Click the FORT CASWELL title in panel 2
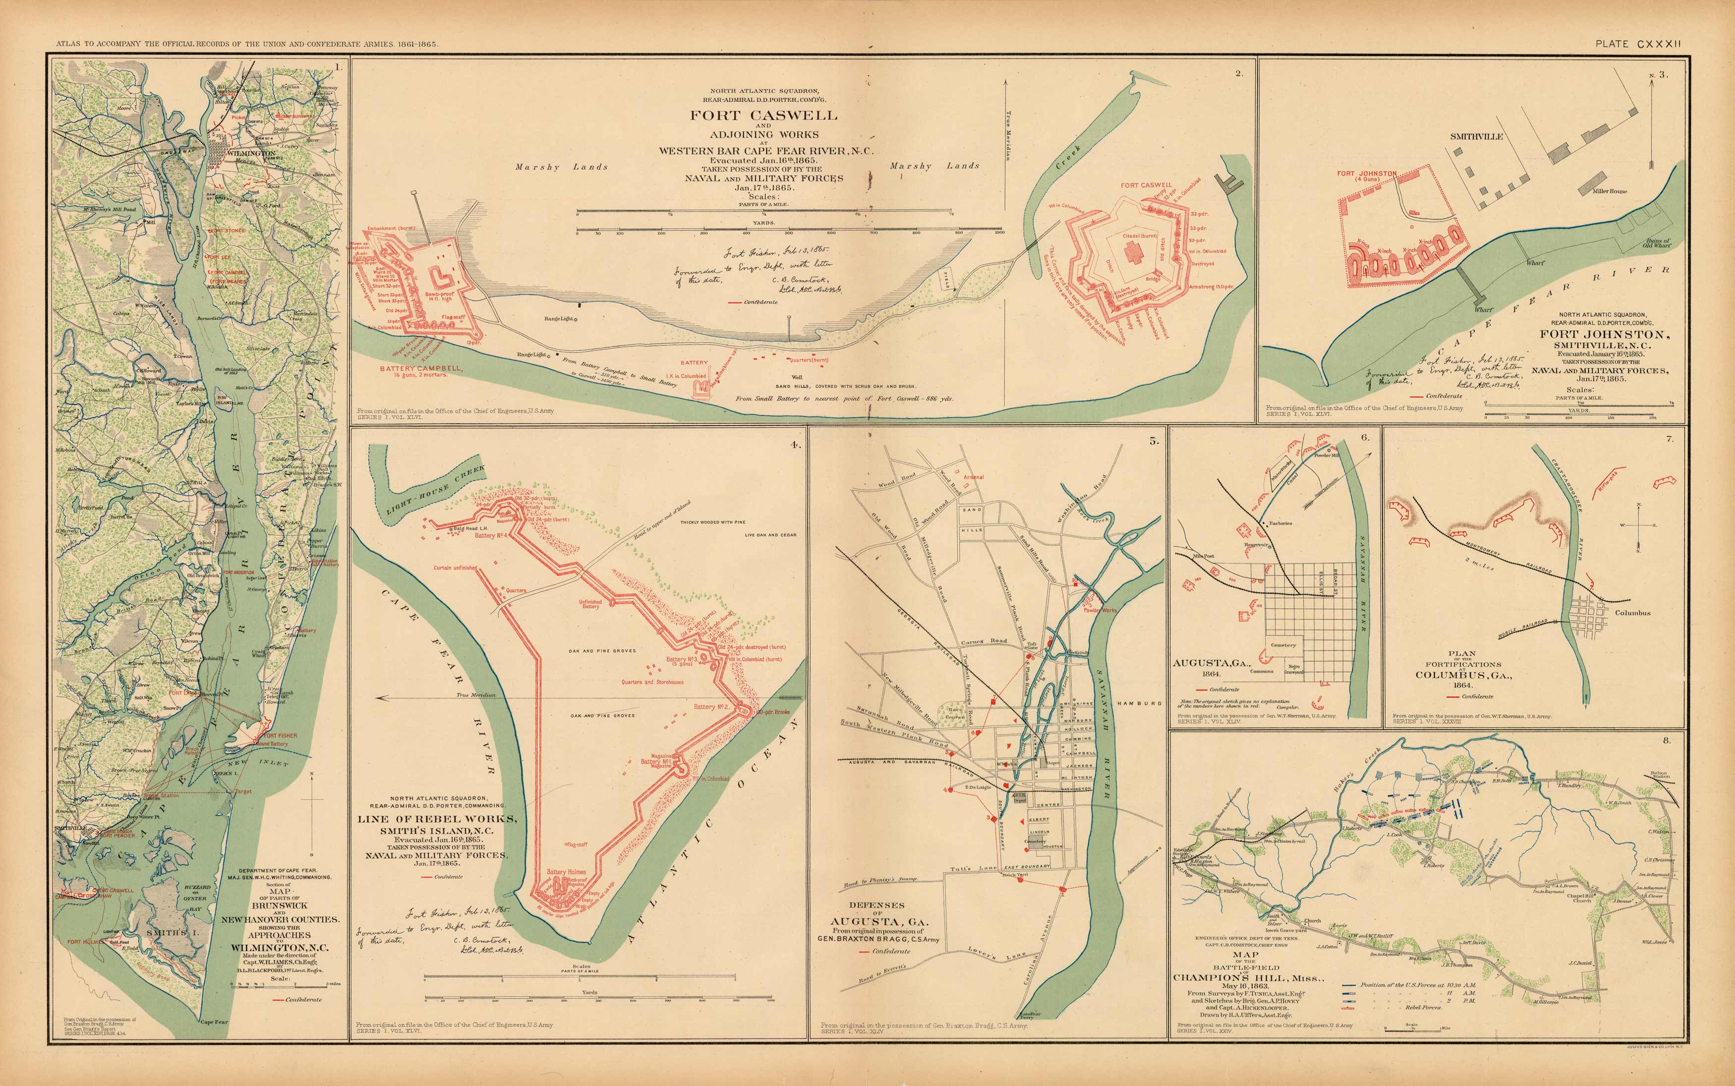pyautogui.click(x=763, y=115)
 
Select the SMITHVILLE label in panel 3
pyautogui.click(x=1476, y=136)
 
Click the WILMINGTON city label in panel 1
pyautogui.click(x=251, y=154)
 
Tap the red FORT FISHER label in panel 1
pyautogui.click(x=280, y=736)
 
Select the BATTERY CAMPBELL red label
pyautogui.click(x=421, y=368)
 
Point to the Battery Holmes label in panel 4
pyautogui.click(x=566, y=872)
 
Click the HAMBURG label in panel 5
pyautogui.click(x=1140, y=703)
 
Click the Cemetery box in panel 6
pyautogui.click(x=1283, y=645)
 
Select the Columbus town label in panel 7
pyautogui.click(x=1632, y=613)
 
